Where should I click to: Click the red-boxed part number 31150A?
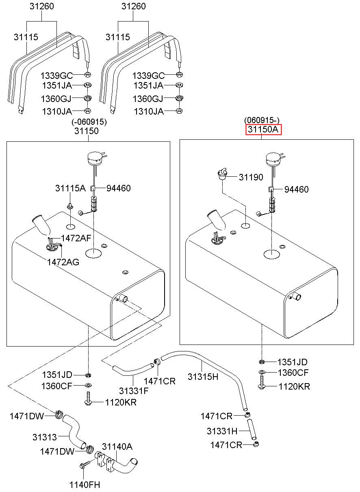coord(263,129)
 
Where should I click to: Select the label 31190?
coord(251,177)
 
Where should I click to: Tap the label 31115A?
coord(70,188)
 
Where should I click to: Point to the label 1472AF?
coord(76,238)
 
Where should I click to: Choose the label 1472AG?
coord(63,262)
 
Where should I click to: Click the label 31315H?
coord(203,377)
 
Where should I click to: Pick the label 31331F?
coord(134,391)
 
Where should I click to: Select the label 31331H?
coord(222,431)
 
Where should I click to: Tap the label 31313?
coord(45,437)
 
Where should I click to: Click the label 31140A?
coord(117,446)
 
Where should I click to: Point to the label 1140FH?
coord(85,485)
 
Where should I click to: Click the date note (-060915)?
coord(89,122)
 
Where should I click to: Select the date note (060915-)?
coord(262,120)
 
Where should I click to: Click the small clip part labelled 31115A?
coord(70,206)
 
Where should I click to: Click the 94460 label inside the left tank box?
coord(118,188)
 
